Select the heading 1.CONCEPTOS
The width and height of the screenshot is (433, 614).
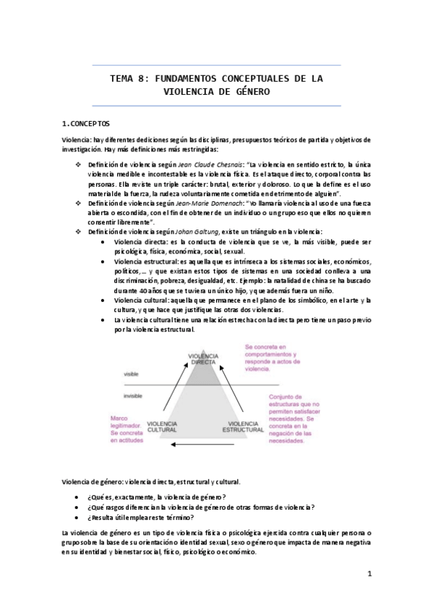tap(86, 123)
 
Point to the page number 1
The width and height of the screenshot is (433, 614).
tap(369, 574)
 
